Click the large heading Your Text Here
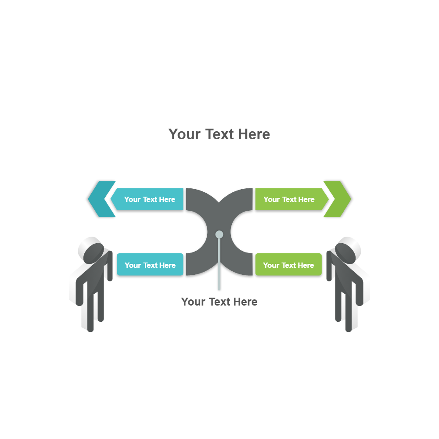[x=219, y=134]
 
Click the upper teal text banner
[x=147, y=199]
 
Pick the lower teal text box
[x=150, y=265]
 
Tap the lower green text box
[x=288, y=265]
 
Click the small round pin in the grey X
[x=219, y=234]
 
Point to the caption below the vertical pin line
[x=219, y=302]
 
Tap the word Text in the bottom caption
[x=220, y=302]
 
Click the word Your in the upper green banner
[x=271, y=199]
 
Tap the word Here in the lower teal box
[x=167, y=265]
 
